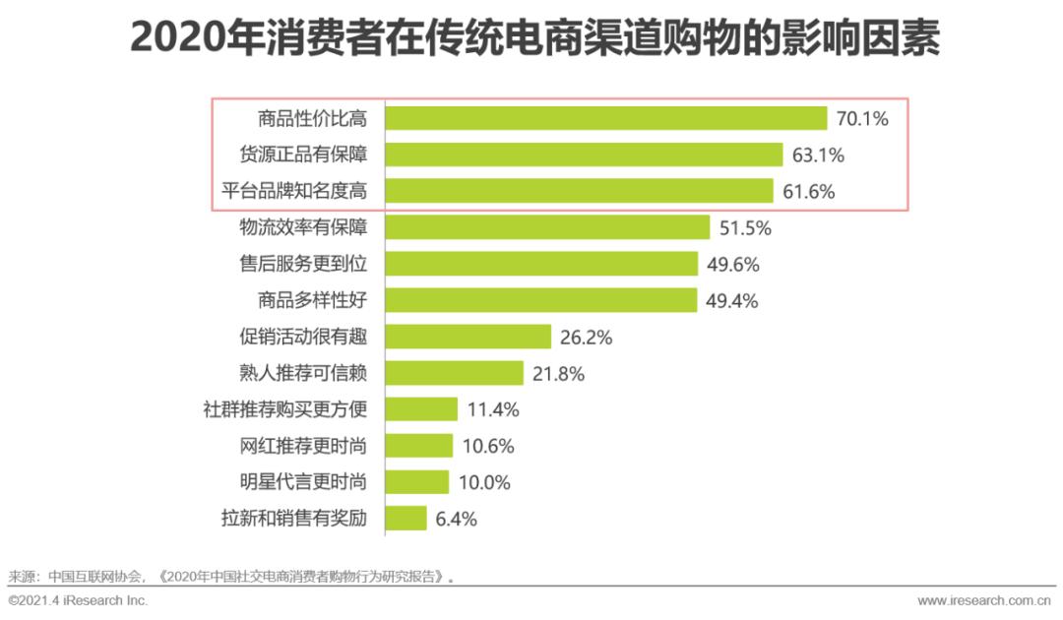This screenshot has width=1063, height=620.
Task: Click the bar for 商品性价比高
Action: coord(605,119)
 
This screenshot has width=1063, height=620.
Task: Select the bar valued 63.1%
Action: coord(584,155)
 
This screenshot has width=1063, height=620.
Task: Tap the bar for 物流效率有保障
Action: coord(547,227)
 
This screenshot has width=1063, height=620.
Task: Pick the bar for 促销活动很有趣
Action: coord(468,337)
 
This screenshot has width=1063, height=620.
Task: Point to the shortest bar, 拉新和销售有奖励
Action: coord(406,518)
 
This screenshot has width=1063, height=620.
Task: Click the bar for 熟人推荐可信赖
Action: coord(454,373)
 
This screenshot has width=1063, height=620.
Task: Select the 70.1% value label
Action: coord(862,120)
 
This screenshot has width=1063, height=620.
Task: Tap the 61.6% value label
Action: coord(808,192)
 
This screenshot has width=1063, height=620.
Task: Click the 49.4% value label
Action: coord(731,301)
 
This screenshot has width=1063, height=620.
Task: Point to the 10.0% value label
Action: coord(484,482)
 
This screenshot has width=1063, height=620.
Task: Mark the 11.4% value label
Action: coord(493,409)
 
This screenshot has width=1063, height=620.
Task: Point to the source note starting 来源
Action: coord(233,577)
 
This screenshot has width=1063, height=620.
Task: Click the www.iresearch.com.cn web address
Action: coord(983,600)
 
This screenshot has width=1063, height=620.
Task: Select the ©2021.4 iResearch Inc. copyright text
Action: coord(78,600)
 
